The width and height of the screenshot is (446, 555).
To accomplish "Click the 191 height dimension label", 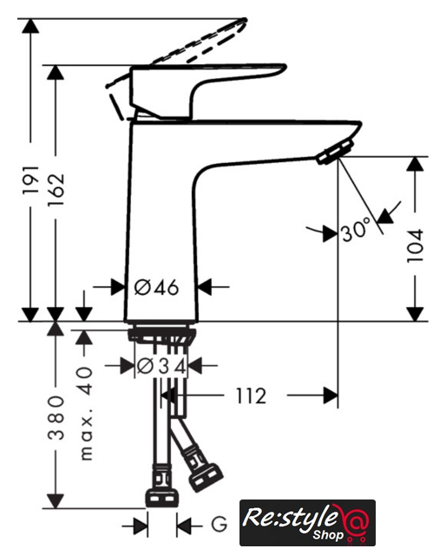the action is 30,180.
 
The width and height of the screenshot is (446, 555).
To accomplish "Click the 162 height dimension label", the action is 56,189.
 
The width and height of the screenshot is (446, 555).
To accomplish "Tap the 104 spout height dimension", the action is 415,245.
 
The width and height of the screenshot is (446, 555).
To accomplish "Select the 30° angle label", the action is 356,230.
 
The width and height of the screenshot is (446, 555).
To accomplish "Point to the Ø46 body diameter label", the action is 156,287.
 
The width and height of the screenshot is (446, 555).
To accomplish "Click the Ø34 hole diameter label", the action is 161,366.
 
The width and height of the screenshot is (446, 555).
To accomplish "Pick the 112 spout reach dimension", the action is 251,396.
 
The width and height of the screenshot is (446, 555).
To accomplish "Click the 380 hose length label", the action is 56,418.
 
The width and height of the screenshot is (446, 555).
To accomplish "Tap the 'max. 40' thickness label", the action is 85,414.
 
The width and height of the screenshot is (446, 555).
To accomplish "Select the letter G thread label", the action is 220,524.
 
